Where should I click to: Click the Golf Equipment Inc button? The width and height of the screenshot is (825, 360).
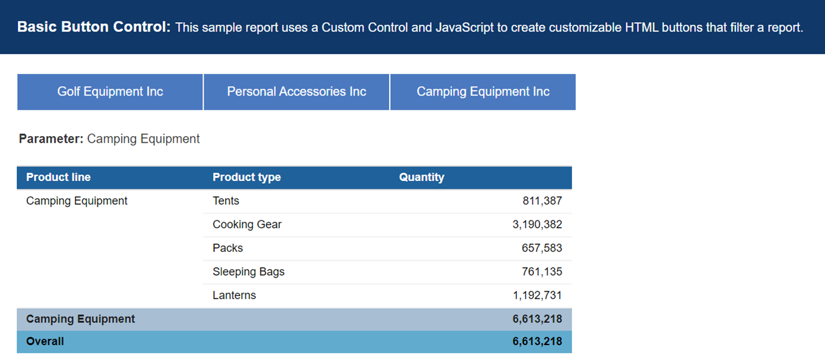click(110, 92)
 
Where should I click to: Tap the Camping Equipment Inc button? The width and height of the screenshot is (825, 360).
click(482, 92)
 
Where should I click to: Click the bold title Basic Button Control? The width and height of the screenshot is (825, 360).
click(94, 27)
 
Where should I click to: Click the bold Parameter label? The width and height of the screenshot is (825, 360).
click(51, 139)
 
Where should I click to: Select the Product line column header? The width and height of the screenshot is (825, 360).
click(59, 177)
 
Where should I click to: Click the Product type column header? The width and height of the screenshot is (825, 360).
click(247, 177)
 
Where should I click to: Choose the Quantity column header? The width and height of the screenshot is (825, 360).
click(421, 177)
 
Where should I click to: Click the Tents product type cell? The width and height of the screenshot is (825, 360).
click(226, 201)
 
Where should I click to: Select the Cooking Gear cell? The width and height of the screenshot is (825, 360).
click(247, 224)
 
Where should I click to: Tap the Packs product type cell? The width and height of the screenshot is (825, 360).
click(227, 248)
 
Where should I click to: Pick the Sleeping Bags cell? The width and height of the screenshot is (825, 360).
click(248, 272)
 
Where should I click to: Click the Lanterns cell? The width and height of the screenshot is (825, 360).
click(234, 296)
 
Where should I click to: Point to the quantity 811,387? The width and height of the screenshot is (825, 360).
click(542, 201)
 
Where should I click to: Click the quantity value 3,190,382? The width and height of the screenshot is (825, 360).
click(537, 224)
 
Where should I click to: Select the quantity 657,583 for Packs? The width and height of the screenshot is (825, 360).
click(542, 248)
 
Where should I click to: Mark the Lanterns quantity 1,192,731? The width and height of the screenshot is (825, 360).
click(537, 296)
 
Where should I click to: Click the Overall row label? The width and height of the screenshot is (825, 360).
click(45, 341)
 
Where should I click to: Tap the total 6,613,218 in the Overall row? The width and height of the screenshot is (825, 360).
click(537, 341)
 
